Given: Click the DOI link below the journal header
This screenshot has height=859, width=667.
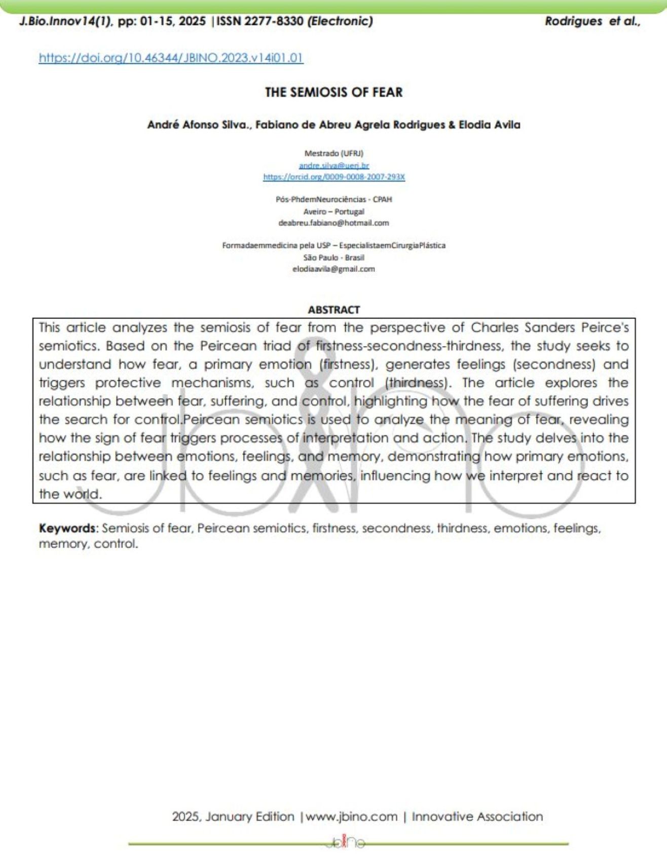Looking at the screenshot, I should point(171,58).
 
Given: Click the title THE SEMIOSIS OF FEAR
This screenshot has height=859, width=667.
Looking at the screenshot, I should point(333,92).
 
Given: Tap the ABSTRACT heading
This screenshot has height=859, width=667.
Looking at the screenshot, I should point(333,309).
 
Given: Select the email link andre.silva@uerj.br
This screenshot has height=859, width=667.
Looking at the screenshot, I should point(333,165).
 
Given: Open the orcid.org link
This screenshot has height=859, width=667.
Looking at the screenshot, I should point(333,177).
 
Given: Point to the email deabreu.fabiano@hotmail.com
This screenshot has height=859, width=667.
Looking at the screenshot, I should point(333,223).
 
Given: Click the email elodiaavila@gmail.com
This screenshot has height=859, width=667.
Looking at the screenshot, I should point(333,269).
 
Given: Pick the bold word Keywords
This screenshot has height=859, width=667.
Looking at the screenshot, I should point(67,528).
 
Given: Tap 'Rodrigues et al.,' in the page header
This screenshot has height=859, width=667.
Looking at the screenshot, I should point(592,21).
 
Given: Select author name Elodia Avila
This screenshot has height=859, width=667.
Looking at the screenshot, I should point(489,125).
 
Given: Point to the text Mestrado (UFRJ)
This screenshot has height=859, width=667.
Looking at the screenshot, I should point(333,153).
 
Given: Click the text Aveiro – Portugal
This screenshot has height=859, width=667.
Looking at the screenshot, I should point(333,211).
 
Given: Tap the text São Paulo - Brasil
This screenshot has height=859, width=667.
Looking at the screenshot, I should point(333,257).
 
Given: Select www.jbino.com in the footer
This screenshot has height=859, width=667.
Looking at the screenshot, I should point(352,816).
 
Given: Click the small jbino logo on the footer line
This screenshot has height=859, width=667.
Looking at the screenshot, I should point(346,843).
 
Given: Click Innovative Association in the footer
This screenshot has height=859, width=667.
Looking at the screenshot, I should point(477,816).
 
